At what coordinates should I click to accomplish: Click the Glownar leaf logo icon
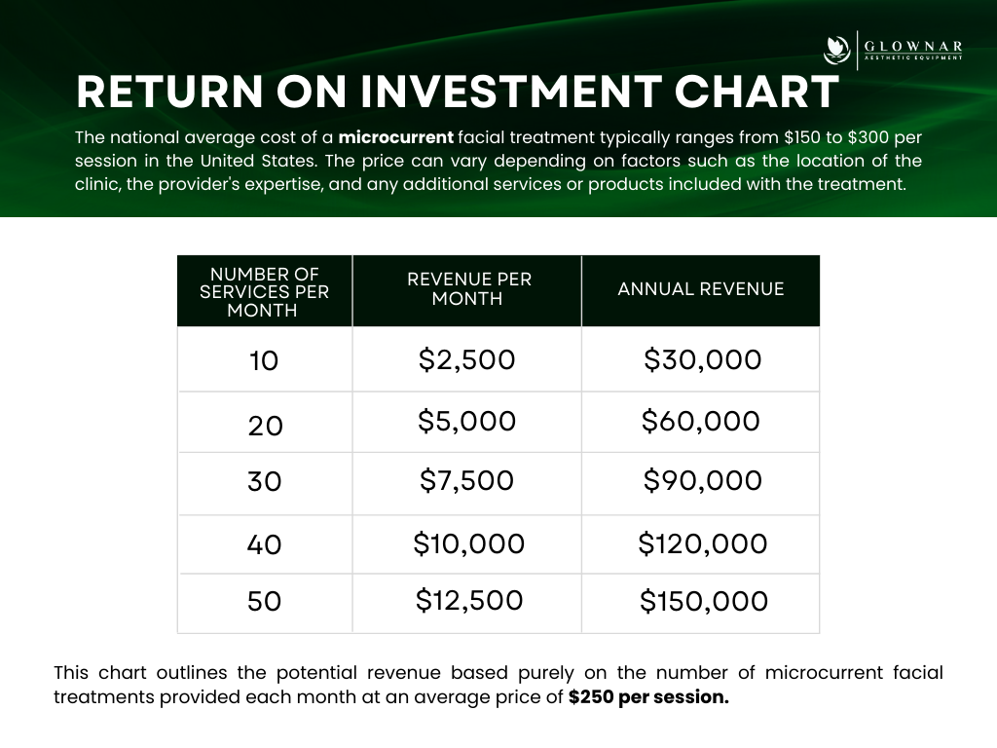[836, 51]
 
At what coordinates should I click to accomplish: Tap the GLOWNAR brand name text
[913, 47]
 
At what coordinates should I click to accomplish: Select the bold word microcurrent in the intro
[395, 137]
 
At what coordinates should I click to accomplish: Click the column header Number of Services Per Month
[265, 292]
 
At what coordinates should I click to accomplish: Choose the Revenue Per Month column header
[469, 288]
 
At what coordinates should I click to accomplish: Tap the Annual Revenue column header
[701, 288]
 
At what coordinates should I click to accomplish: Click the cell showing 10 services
[264, 360]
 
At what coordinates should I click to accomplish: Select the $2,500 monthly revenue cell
[466, 359]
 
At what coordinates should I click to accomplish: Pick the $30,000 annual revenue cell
[703, 359]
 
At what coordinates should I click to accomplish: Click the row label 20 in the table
[265, 426]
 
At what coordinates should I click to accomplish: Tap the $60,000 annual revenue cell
[701, 421]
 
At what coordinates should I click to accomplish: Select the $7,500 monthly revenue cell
[466, 480]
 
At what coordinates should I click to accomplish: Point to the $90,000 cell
[703, 480]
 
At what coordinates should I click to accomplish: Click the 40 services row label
[264, 545]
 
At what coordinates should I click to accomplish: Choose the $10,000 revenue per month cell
[469, 543]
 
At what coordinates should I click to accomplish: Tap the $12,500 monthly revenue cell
[469, 600]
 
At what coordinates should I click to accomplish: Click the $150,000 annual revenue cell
[704, 601]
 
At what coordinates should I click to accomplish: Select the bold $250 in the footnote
[591, 697]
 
